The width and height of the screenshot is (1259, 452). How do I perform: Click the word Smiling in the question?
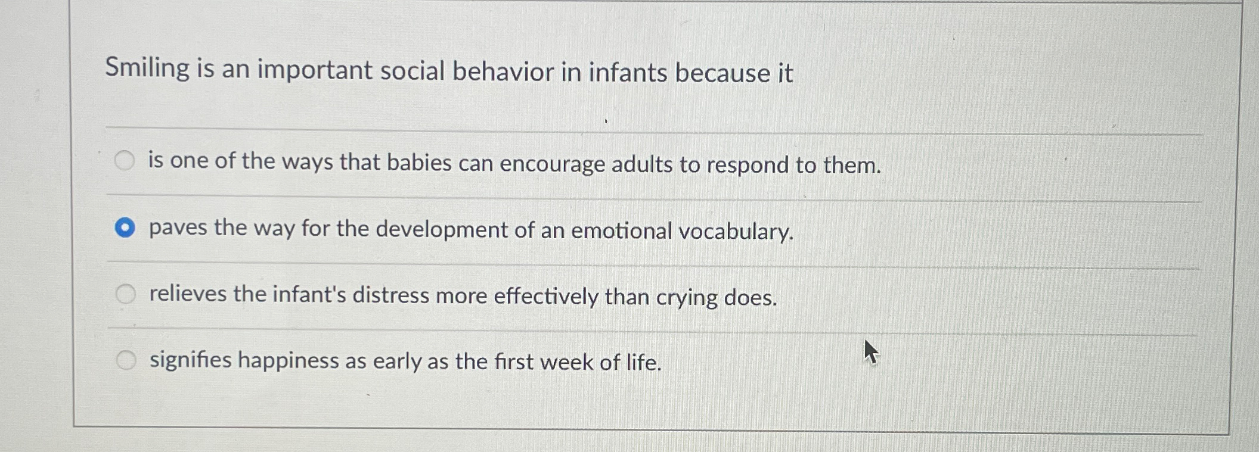coord(147,68)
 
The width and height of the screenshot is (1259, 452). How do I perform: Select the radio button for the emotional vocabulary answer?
coord(125,227)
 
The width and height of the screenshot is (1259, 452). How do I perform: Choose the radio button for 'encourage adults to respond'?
coord(125,160)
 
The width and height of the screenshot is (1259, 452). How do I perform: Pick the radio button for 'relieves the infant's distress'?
coord(126,294)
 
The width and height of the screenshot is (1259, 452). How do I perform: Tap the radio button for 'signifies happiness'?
coord(126,360)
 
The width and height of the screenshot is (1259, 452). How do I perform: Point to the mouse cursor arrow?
coord(870,351)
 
